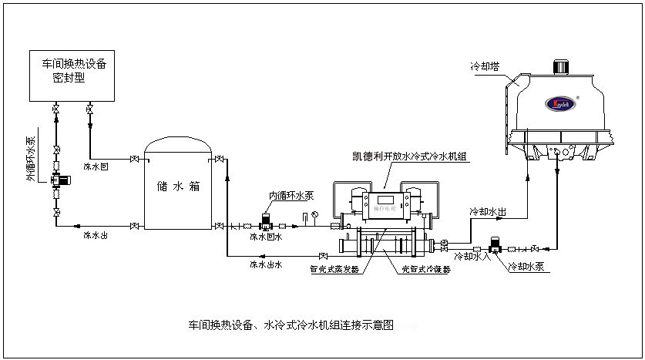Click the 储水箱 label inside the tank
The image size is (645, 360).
178,186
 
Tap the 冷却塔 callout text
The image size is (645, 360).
484,67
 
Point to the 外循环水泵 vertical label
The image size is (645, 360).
31,159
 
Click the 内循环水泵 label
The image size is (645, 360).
291,195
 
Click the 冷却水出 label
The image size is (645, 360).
487,210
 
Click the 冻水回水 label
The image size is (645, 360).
266,237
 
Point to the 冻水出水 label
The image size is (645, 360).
266,264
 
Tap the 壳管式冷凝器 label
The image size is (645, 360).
426,270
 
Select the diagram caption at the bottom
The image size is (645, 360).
291,325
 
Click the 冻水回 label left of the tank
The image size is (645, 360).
96,167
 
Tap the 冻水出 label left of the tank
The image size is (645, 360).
96,234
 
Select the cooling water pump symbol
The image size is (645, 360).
496,246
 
